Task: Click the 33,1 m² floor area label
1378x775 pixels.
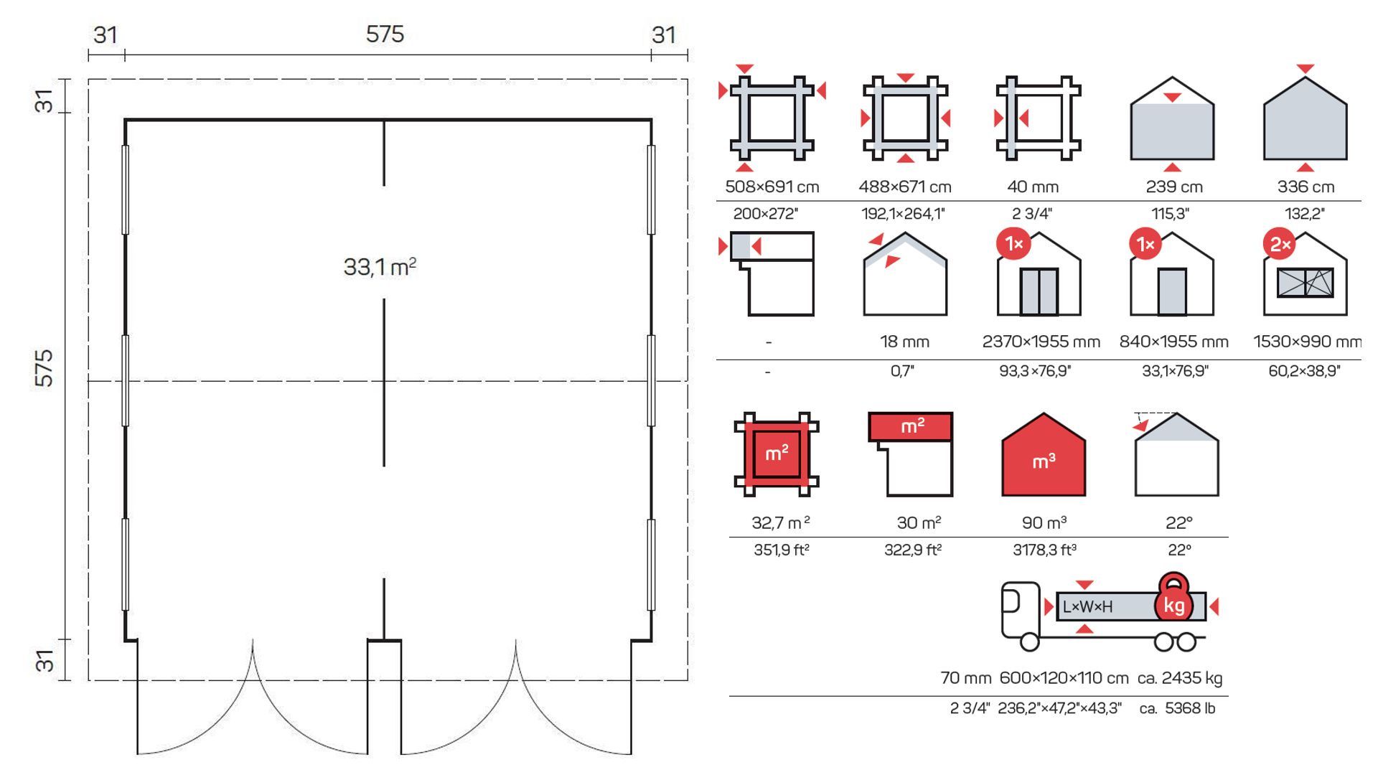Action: point(380,267)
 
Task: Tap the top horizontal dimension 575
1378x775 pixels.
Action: point(385,34)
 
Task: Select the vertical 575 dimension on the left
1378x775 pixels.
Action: point(44,368)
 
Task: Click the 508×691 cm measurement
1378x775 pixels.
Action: point(772,187)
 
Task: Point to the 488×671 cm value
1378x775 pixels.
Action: point(905,187)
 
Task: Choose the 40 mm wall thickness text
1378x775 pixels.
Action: point(1033,187)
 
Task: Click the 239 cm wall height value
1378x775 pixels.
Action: point(1174,187)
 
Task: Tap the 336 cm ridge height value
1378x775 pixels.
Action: point(1306,187)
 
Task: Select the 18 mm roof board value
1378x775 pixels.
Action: point(904,342)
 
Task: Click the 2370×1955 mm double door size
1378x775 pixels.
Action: point(1041,342)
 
